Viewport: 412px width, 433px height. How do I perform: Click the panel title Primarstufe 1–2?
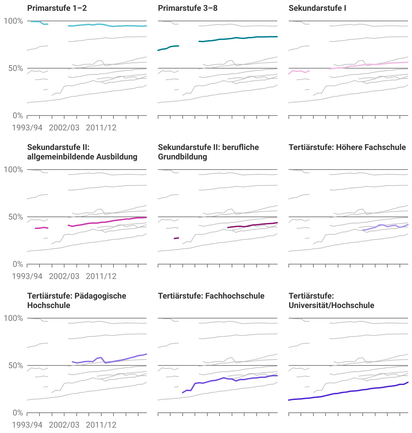pos(57,8)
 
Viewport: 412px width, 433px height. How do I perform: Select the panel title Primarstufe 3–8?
pos(187,8)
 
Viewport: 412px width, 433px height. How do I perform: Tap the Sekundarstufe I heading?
pos(317,8)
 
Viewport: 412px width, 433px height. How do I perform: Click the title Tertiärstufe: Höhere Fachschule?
pos(347,147)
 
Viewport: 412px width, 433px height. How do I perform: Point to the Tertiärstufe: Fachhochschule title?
pos(211,296)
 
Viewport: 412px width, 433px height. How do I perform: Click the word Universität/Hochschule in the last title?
pos(331,305)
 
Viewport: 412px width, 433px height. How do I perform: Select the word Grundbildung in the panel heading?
pos(182,157)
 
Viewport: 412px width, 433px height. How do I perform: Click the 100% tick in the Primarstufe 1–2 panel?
pos(13,21)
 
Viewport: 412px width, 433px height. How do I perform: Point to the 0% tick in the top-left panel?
pos(18,116)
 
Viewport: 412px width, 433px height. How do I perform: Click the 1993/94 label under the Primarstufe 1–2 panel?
pos(27,128)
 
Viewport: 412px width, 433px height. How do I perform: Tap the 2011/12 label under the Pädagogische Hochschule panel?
pos(101,425)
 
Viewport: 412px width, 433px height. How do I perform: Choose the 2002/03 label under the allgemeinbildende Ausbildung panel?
pos(64,276)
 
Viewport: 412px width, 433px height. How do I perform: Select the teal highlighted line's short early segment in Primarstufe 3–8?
pos(169,47)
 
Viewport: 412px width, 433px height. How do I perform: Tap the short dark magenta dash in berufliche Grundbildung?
pos(176,238)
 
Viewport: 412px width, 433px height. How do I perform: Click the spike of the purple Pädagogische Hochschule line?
pos(101,357)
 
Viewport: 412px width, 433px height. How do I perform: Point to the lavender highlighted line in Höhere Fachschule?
pos(382,225)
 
